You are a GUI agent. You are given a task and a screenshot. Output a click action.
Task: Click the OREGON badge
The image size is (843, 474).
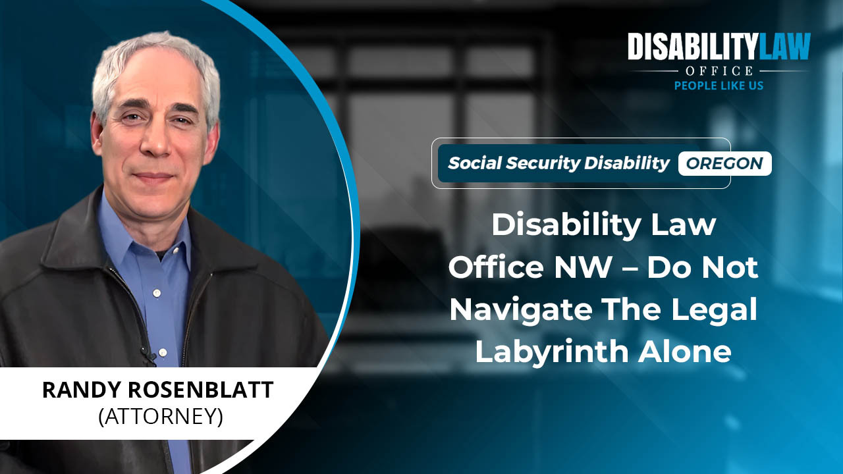725,163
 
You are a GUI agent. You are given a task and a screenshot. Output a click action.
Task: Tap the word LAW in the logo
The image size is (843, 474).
784,46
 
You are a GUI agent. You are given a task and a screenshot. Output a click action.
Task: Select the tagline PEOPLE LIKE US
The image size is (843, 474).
719,86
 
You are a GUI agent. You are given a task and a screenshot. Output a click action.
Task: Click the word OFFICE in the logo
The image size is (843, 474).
719,70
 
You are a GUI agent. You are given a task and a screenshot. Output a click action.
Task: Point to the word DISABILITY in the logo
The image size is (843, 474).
692,46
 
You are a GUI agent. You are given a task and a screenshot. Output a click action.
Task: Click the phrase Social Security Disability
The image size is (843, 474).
558,163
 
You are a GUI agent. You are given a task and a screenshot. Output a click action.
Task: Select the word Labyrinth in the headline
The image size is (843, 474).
552,352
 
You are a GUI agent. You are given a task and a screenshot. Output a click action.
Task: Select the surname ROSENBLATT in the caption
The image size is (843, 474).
201,390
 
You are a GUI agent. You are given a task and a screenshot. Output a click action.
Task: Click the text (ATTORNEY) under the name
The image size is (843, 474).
161,416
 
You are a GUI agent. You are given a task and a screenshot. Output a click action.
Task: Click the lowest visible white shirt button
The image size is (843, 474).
163,352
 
